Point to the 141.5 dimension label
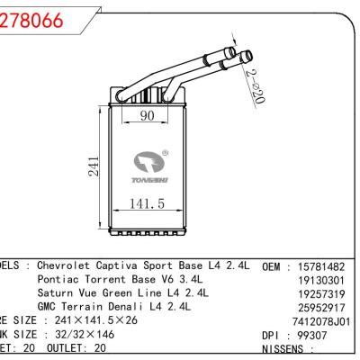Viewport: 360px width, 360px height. pyautogui.click(x=144, y=205)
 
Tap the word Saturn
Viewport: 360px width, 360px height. pyautogui.click(x=59, y=292)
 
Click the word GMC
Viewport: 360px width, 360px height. pyautogui.click(x=49, y=306)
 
